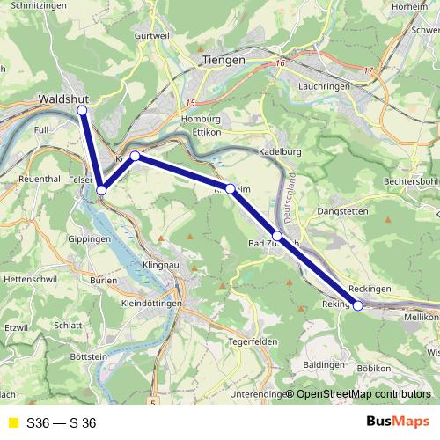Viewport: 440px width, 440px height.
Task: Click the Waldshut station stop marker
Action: pyautogui.click(x=82, y=111)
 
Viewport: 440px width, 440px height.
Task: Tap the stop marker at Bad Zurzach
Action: pyautogui.click(x=277, y=236)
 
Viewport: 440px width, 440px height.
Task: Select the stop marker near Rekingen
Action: pyautogui.click(x=357, y=305)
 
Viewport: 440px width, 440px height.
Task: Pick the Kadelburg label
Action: pyautogui.click(x=281, y=151)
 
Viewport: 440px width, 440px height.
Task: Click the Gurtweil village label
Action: pyautogui.click(x=151, y=35)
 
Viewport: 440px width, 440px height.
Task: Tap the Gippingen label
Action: pyautogui.click(x=90, y=239)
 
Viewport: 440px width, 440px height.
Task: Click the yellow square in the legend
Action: pyautogui.click(x=12, y=423)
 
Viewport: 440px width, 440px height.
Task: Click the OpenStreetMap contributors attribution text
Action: pyautogui.click(x=363, y=393)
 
